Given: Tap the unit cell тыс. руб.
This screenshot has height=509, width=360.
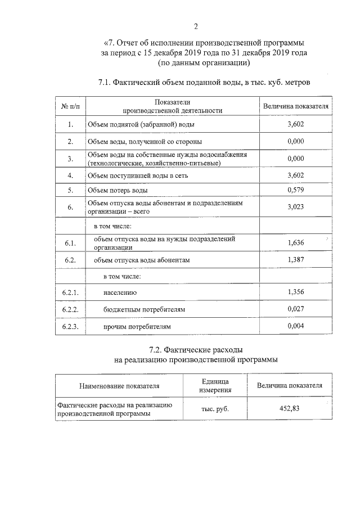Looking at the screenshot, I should click(215, 409).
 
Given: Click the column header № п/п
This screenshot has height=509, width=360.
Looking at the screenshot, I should click(70, 106).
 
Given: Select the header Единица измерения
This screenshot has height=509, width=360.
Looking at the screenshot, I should click(215, 386).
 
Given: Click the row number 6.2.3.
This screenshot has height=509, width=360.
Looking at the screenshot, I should click(70, 326).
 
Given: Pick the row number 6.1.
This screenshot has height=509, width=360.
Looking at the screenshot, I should click(70, 243).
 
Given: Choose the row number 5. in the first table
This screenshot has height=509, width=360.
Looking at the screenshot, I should click(70, 191).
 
